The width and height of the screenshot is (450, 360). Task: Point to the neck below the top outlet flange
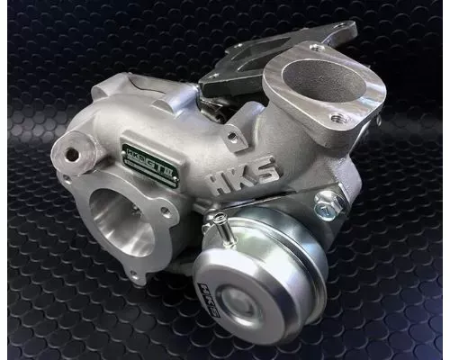(288, 144)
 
